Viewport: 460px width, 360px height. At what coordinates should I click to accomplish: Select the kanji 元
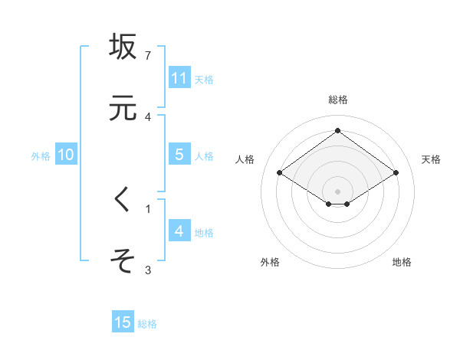click(123, 108)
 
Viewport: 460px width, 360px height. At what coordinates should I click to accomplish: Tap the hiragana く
click(123, 200)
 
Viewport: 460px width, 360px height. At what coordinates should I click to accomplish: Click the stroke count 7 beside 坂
click(148, 56)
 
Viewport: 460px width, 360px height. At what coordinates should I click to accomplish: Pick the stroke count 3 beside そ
click(148, 270)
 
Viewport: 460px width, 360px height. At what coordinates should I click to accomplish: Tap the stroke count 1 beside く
click(148, 208)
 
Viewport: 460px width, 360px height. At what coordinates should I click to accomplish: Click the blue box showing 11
click(179, 78)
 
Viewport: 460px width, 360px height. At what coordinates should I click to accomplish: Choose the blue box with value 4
click(179, 231)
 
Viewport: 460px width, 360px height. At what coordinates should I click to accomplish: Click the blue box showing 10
click(65, 155)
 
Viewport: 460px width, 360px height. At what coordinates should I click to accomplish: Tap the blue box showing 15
click(123, 322)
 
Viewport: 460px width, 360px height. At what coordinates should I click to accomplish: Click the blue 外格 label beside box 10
click(41, 156)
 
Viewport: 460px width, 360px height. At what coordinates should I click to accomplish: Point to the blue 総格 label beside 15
click(147, 324)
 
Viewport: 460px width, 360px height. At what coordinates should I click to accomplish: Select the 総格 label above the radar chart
click(337, 100)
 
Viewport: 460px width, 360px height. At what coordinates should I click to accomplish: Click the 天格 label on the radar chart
click(431, 159)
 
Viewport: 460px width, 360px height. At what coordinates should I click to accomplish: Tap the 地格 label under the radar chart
click(402, 262)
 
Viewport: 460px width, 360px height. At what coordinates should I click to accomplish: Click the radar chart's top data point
click(337, 130)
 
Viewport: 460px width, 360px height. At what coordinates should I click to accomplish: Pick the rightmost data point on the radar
click(396, 173)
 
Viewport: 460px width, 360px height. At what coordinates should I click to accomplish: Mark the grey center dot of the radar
click(337, 191)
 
